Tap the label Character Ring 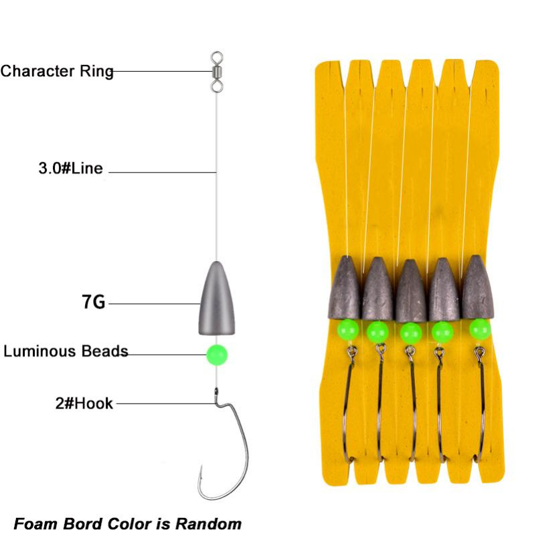pyautogui.click(x=57, y=71)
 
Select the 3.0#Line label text pyautogui.click(x=70, y=168)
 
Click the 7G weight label pyautogui.click(x=94, y=302)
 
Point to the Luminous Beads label pyautogui.click(x=66, y=351)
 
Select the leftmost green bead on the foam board pyautogui.click(x=346, y=329)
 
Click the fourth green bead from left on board pyautogui.click(x=442, y=331)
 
